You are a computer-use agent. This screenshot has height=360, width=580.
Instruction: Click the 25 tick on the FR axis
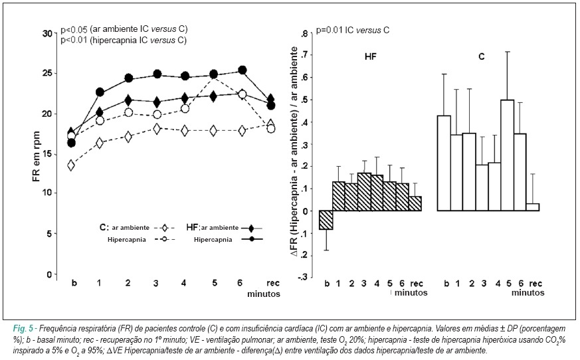point(48,73)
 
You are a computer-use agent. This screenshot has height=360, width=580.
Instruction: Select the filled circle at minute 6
point(242,70)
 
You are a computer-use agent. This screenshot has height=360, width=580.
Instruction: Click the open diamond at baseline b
point(71,165)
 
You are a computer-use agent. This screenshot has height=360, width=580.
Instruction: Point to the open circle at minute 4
point(185,108)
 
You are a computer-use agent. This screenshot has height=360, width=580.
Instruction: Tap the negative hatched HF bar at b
point(326,220)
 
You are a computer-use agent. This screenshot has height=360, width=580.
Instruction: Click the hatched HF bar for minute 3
point(364,192)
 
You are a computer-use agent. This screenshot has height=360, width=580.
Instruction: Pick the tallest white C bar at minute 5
point(508,155)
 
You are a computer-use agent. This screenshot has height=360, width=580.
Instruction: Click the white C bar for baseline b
point(444,163)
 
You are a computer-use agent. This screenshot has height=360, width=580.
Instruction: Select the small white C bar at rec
point(533,207)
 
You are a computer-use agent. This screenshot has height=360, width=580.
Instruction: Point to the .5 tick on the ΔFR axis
point(304,100)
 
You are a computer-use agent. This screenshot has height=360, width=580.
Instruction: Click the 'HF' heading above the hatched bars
point(370,56)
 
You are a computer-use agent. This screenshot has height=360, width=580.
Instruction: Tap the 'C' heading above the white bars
point(481,57)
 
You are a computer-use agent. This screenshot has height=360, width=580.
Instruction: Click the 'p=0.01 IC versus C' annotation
point(353,30)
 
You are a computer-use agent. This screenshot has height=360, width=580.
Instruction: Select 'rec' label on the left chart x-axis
point(273,284)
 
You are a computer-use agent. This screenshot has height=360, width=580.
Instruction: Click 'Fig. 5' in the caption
point(23,329)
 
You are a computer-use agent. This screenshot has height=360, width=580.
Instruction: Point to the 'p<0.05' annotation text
point(74,29)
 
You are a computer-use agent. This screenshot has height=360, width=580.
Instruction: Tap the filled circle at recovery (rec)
point(271,106)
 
